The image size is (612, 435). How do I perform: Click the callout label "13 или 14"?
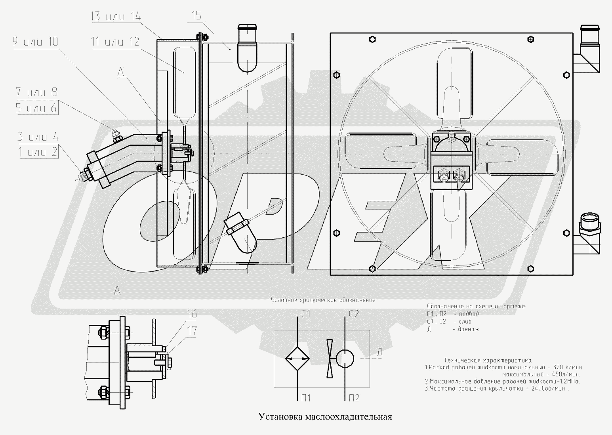115,17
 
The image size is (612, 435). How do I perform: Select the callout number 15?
196,16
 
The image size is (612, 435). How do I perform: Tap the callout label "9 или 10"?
35,42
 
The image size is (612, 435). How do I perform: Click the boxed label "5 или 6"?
36,108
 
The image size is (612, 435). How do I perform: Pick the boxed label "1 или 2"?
38,151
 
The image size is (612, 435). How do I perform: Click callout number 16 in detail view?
192,315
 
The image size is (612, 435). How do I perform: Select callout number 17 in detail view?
192,331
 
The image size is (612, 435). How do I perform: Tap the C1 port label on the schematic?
305,315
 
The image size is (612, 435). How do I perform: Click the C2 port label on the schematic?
353,314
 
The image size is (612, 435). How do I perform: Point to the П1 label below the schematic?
305,398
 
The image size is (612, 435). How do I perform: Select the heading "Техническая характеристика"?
488,361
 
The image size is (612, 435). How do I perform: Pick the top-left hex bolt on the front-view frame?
372,39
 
